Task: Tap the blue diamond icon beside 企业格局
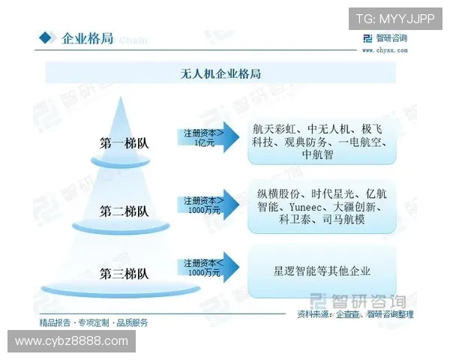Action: tap(48, 38)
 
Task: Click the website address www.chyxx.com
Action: tap(385, 50)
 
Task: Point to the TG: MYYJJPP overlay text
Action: tap(395, 18)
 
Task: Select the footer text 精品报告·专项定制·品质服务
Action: tap(94, 322)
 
